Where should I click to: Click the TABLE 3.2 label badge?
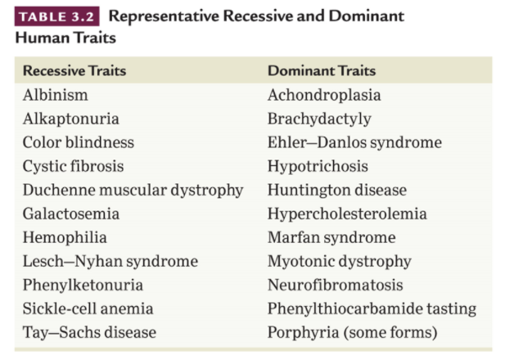pos(56,17)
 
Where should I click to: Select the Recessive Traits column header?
pos(74,70)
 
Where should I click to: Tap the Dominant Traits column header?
pos(322,70)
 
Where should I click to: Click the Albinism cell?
pos(55,95)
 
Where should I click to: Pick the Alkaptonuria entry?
pos(70,119)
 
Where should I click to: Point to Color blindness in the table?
pos(78,142)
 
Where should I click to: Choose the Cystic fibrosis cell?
pos(73,166)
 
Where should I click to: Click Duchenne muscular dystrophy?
pos(133,190)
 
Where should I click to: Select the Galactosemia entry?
pos(70,214)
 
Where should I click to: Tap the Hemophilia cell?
pos(65,237)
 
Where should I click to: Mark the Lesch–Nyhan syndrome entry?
pos(110,261)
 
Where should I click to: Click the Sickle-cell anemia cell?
pos(88,308)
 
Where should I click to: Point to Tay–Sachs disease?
pos(88,332)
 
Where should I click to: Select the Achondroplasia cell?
pos(324,95)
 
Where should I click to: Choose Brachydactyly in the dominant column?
pos(319,119)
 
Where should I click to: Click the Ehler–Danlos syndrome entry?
pos(354,142)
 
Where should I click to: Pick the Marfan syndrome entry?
pos(331,237)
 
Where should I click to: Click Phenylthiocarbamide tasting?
pos(372,308)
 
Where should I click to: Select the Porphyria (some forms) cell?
pos(352,332)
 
